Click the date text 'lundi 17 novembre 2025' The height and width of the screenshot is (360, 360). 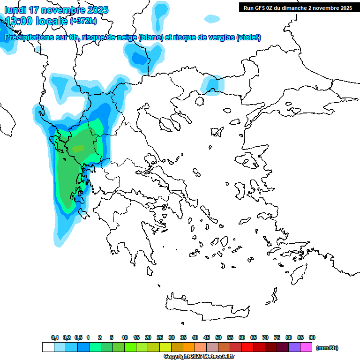pyautogui.click(x=56, y=10)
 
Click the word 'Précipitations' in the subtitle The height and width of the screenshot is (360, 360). pyautogui.click(x=28, y=37)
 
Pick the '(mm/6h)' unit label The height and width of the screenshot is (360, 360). pyautogui.click(x=327, y=348)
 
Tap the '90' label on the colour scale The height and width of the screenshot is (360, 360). pyautogui.click(x=312, y=337)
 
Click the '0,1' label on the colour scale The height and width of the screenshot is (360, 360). pyautogui.click(x=54, y=337)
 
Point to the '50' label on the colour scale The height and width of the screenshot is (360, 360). pyautogui.click(x=218, y=337)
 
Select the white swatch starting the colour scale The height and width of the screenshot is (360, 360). pyautogui.click(x=48, y=347)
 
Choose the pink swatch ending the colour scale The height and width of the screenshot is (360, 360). pyautogui.click(x=306, y=347)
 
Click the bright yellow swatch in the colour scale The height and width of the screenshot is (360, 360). pyautogui.click(x=165, y=347)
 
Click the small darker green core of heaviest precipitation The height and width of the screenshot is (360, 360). pyautogui.click(x=78, y=149)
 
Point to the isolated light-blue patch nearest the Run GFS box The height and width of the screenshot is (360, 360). pyautogui.click(x=212, y=19)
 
